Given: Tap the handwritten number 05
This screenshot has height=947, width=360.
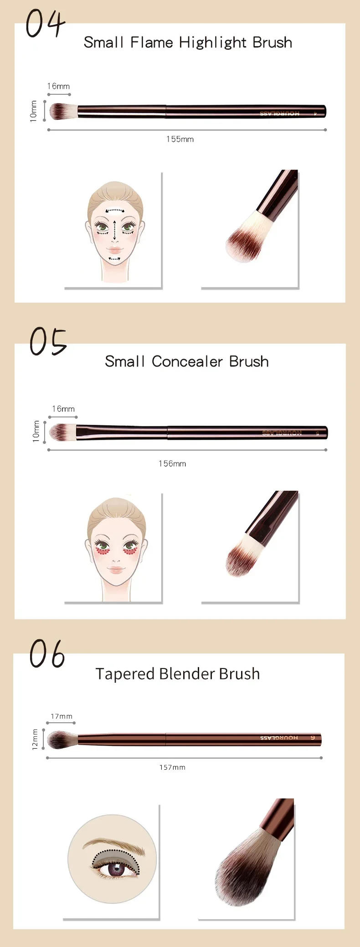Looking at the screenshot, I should point(48,341).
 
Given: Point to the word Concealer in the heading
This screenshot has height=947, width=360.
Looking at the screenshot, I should point(187,362).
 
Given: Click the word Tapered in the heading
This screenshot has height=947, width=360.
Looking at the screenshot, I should point(125,674).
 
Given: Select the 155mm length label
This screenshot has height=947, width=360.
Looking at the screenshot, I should point(180,139).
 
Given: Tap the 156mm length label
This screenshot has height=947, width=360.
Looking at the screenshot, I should point(172,463).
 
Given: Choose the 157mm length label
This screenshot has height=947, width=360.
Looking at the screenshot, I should point(172,767).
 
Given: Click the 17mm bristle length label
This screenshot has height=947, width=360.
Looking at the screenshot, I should point(62,716).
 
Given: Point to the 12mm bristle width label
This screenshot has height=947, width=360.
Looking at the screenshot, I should point(35,739).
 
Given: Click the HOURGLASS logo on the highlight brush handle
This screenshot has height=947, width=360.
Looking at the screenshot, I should point(280,113).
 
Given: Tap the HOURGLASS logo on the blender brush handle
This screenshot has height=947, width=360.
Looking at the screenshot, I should point(279,738).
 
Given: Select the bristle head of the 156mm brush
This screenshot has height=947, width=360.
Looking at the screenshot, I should point(62,432).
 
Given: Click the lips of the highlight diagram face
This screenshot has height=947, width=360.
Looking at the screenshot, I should point(115,250).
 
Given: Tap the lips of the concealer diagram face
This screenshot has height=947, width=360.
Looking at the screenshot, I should point(115,570).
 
